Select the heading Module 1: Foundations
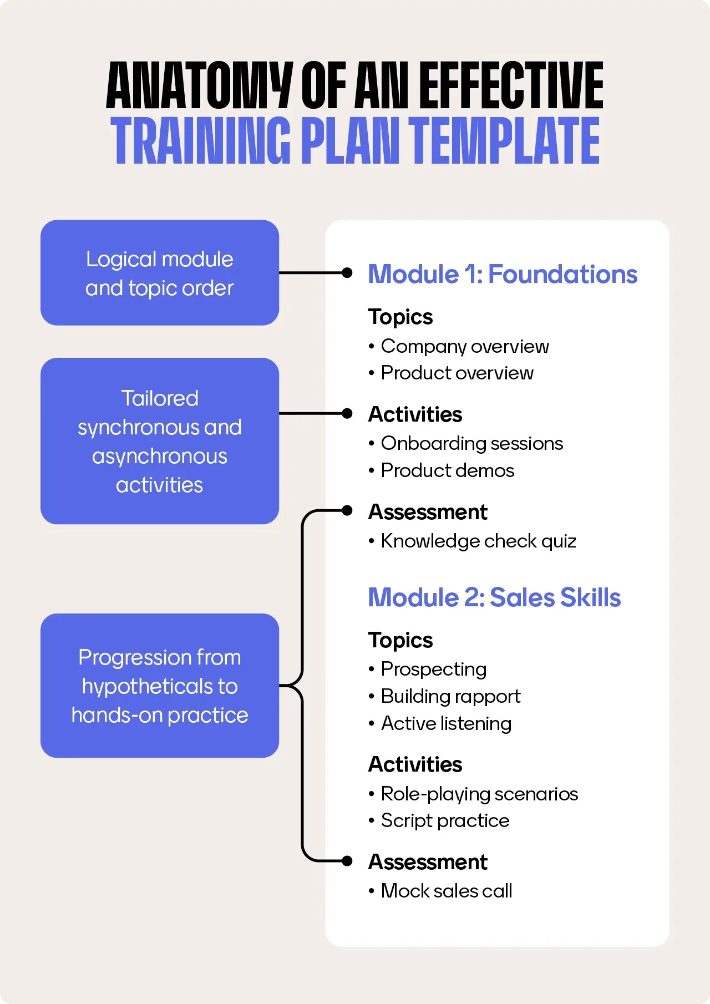503,274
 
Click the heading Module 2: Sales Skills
494,597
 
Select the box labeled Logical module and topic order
160,273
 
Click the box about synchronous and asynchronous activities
160,441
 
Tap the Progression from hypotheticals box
160,686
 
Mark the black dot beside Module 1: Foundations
347,273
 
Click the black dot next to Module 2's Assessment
347,861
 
